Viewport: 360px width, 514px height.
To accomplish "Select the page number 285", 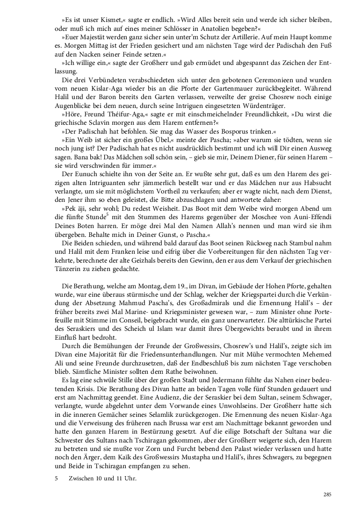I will click(327, 494).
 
